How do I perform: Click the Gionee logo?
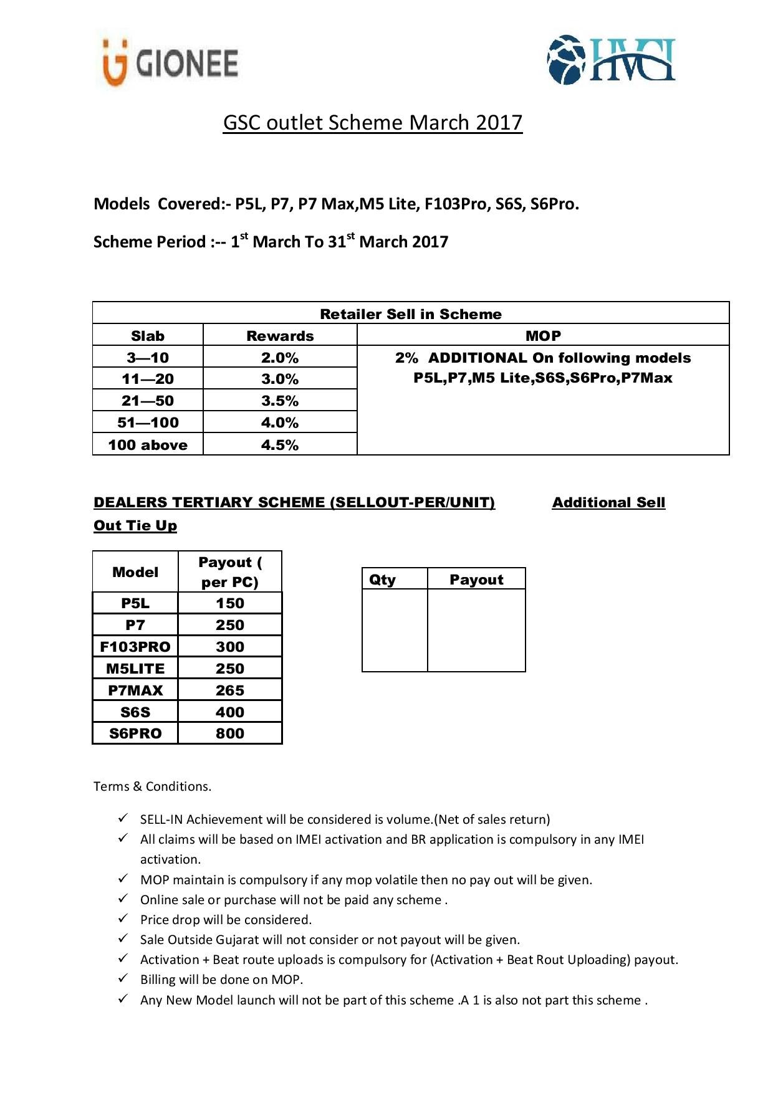click(x=170, y=62)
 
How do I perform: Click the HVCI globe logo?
click(x=611, y=60)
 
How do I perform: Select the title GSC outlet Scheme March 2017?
click(x=373, y=123)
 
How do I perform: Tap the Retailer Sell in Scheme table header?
click(x=411, y=313)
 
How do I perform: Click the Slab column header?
click(x=148, y=336)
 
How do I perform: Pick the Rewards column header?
click(x=280, y=336)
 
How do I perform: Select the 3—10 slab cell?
click(x=148, y=358)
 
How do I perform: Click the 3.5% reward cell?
click(x=280, y=401)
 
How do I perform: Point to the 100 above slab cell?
click(x=148, y=445)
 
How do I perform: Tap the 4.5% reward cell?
click(x=280, y=445)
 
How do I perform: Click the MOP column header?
click(x=543, y=336)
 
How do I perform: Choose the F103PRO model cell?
click(x=135, y=647)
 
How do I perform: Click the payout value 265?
click(x=230, y=690)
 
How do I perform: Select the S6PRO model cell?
click(x=135, y=733)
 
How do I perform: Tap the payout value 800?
click(x=230, y=733)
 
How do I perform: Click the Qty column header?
click(x=383, y=580)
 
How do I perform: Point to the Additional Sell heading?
click(x=608, y=502)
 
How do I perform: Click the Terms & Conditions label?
click(x=153, y=786)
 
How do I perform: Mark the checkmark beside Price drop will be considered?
click(x=123, y=919)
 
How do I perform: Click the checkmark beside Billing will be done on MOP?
click(x=123, y=978)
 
